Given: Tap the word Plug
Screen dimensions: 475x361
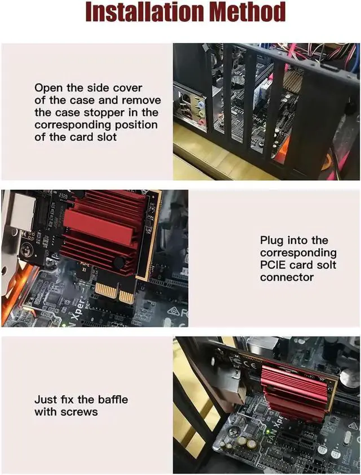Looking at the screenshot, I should [x=272, y=241].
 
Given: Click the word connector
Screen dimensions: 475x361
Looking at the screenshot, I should [x=287, y=278].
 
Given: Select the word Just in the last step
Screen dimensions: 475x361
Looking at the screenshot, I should [x=45, y=400].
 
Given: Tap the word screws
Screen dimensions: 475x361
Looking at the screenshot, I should [x=80, y=412].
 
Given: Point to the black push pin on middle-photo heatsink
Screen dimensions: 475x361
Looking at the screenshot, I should [x=119, y=263].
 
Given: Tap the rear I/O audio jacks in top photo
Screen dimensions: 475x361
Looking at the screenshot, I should [x=198, y=111].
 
